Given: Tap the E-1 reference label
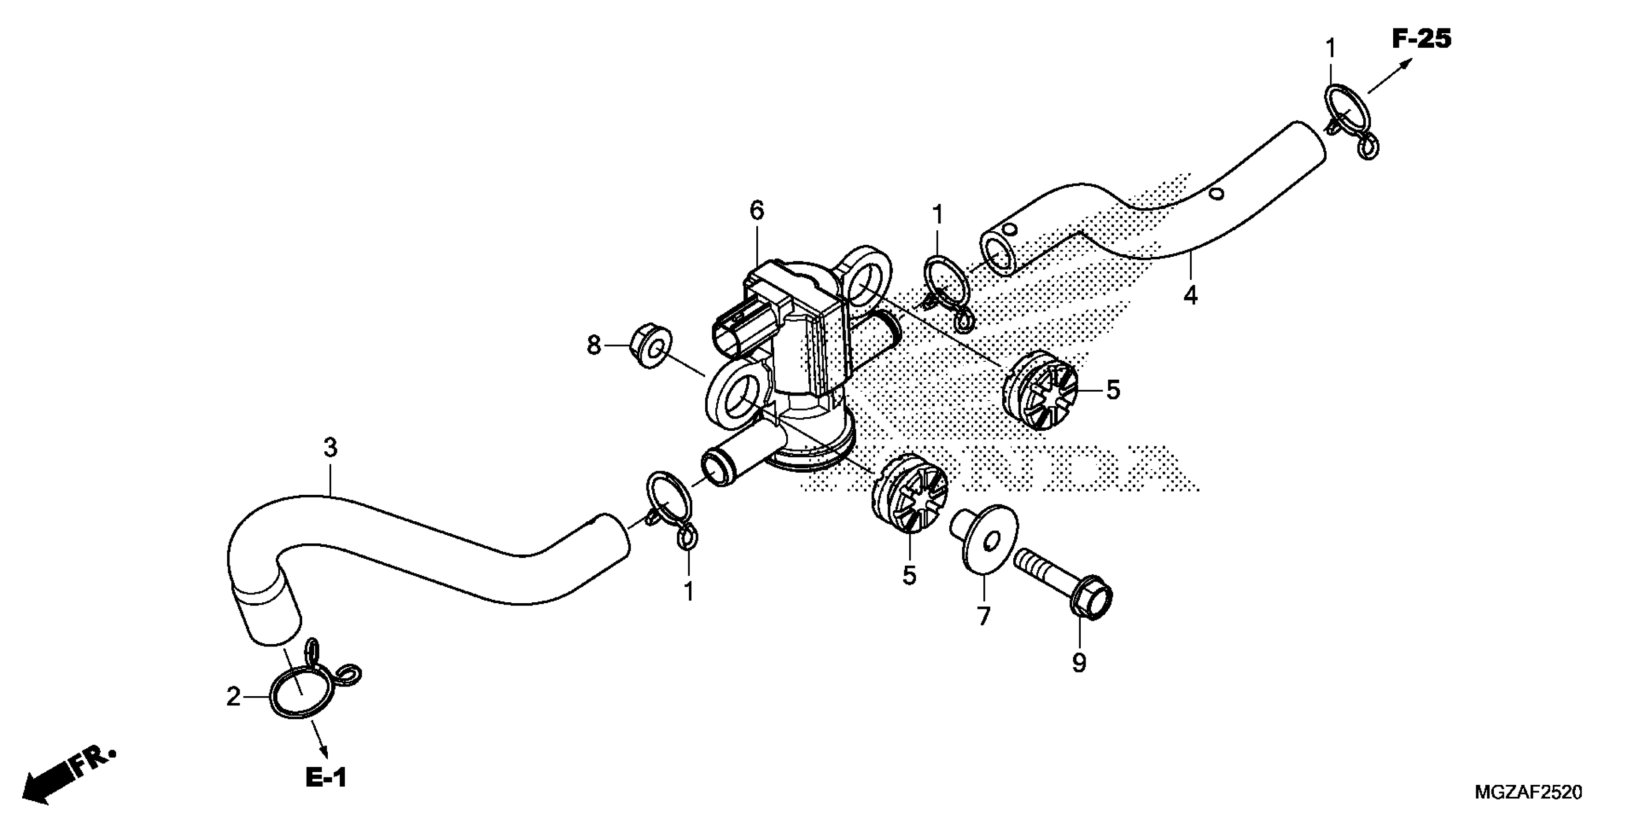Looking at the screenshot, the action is pyautogui.click(x=326, y=777).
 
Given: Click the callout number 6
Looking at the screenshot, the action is pyautogui.click(x=756, y=211).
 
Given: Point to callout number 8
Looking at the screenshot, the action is pyautogui.click(x=593, y=346).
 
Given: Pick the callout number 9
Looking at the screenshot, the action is pyautogui.click(x=1079, y=663).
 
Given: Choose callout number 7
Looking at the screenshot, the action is pyautogui.click(x=984, y=616).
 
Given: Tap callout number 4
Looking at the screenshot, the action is pyautogui.click(x=1190, y=294).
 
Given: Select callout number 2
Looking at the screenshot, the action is pyautogui.click(x=233, y=698).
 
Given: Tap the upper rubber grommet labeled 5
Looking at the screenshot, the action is pyautogui.click(x=1041, y=392).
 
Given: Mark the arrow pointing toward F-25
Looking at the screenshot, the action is pyautogui.click(x=1390, y=76).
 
